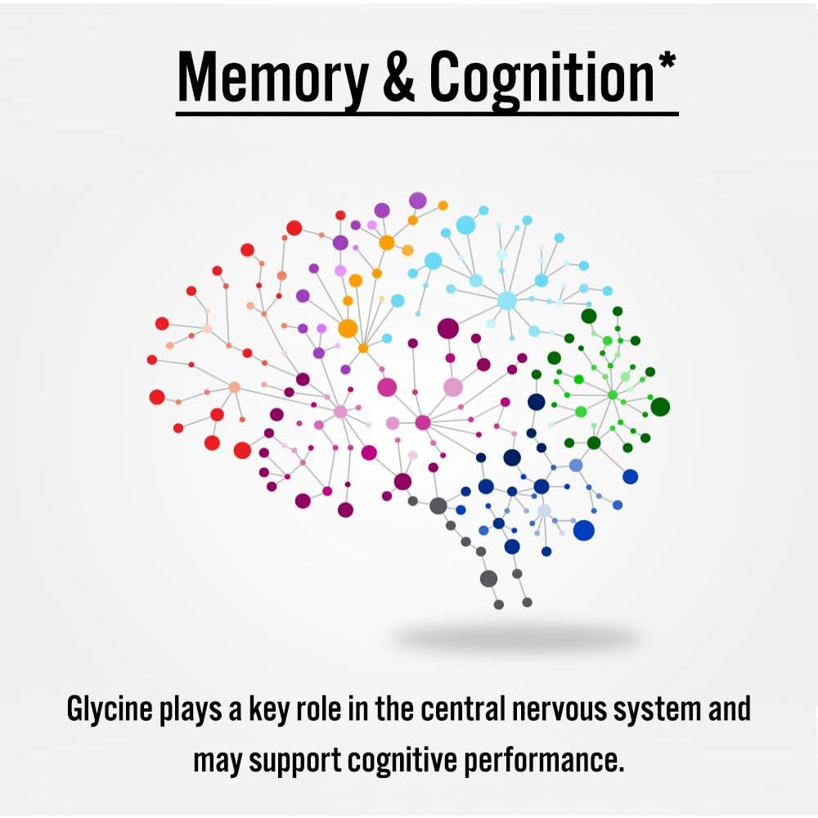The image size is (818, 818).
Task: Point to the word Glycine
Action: point(110,710)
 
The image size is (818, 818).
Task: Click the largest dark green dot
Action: point(660,407)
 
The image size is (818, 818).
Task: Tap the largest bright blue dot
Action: point(584,531)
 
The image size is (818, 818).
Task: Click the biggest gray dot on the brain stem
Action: point(489,578)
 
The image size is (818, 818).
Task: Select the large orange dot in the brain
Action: point(348,328)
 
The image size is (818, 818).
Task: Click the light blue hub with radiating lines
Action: point(506,301)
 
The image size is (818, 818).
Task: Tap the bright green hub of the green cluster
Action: point(613,395)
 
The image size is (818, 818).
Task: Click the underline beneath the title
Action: point(427,113)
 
